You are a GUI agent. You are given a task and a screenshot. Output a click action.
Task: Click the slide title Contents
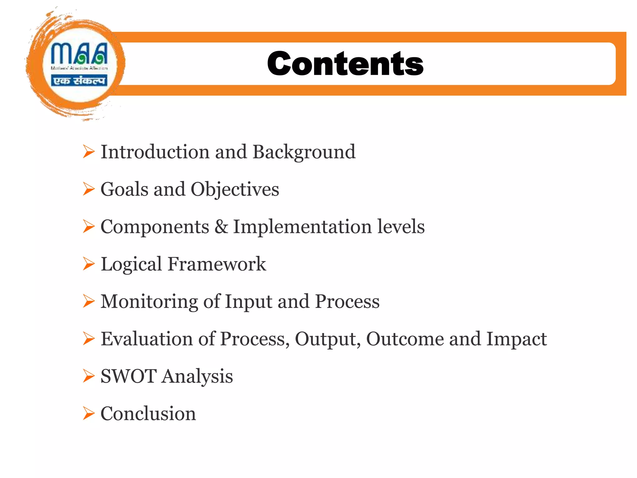pyautogui.click(x=345, y=64)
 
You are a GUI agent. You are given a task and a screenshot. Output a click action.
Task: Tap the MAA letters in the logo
pyautogui.click(x=79, y=53)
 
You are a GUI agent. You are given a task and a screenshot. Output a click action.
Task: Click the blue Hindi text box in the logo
pyautogui.click(x=79, y=81)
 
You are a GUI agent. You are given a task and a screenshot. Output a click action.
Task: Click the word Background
pyautogui.click(x=304, y=152)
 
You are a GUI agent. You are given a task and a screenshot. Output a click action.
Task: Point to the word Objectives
pyautogui.click(x=235, y=190)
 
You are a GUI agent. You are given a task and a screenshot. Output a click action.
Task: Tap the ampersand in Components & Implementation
pyautogui.click(x=221, y=227)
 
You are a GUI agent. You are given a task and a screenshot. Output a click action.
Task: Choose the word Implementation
pyautogui.click(x=302, y=227)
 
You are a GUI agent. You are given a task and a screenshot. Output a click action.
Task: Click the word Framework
pyautogui.click(x=217, y=264)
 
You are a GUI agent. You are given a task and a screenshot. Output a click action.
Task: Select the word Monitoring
pyautogui.click(x=149, y=302)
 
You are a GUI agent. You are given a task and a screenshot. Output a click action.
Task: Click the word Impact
pyautogui.click(x=517, y=340)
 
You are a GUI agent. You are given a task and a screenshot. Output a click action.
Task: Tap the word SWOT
pyautogui.click(x=128, y=376)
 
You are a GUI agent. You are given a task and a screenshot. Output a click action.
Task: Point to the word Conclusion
pyautogui.click(x=148, y=414)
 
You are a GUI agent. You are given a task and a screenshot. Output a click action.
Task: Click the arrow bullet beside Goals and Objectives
pyautogui.click(x=89, y=189)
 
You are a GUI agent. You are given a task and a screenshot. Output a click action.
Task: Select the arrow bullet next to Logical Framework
pyautogui.click(x=89, y=264)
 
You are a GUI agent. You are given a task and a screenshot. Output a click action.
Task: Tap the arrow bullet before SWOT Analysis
pyautogui.click(x=89, y=376)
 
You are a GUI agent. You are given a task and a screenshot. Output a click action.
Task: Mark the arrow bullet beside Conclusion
pyautogui.click(x=89, y=413)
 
